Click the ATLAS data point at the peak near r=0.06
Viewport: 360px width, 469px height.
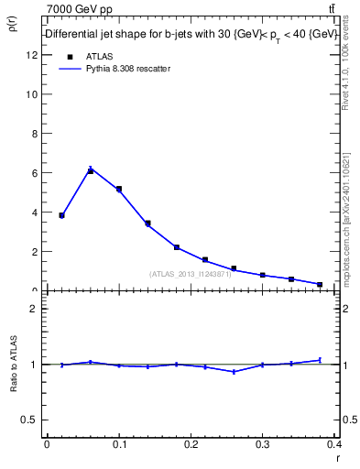(91, 170)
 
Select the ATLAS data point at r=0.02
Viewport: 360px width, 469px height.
(61, 215)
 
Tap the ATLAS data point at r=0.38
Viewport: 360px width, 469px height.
(320, 284)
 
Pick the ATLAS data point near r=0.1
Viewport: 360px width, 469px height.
(119, 189)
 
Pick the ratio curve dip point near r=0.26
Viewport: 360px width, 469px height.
(234, 372)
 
